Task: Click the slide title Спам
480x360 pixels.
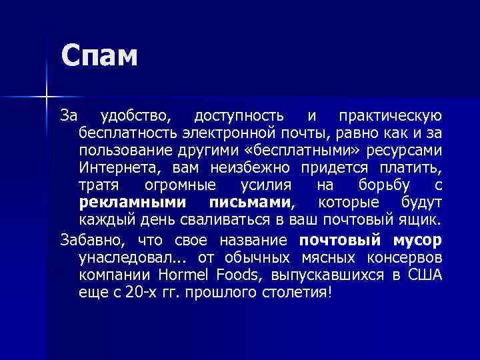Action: coord(99,56)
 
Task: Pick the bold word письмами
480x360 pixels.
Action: coord(251,202)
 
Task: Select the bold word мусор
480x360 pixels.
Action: coord(415,239)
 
